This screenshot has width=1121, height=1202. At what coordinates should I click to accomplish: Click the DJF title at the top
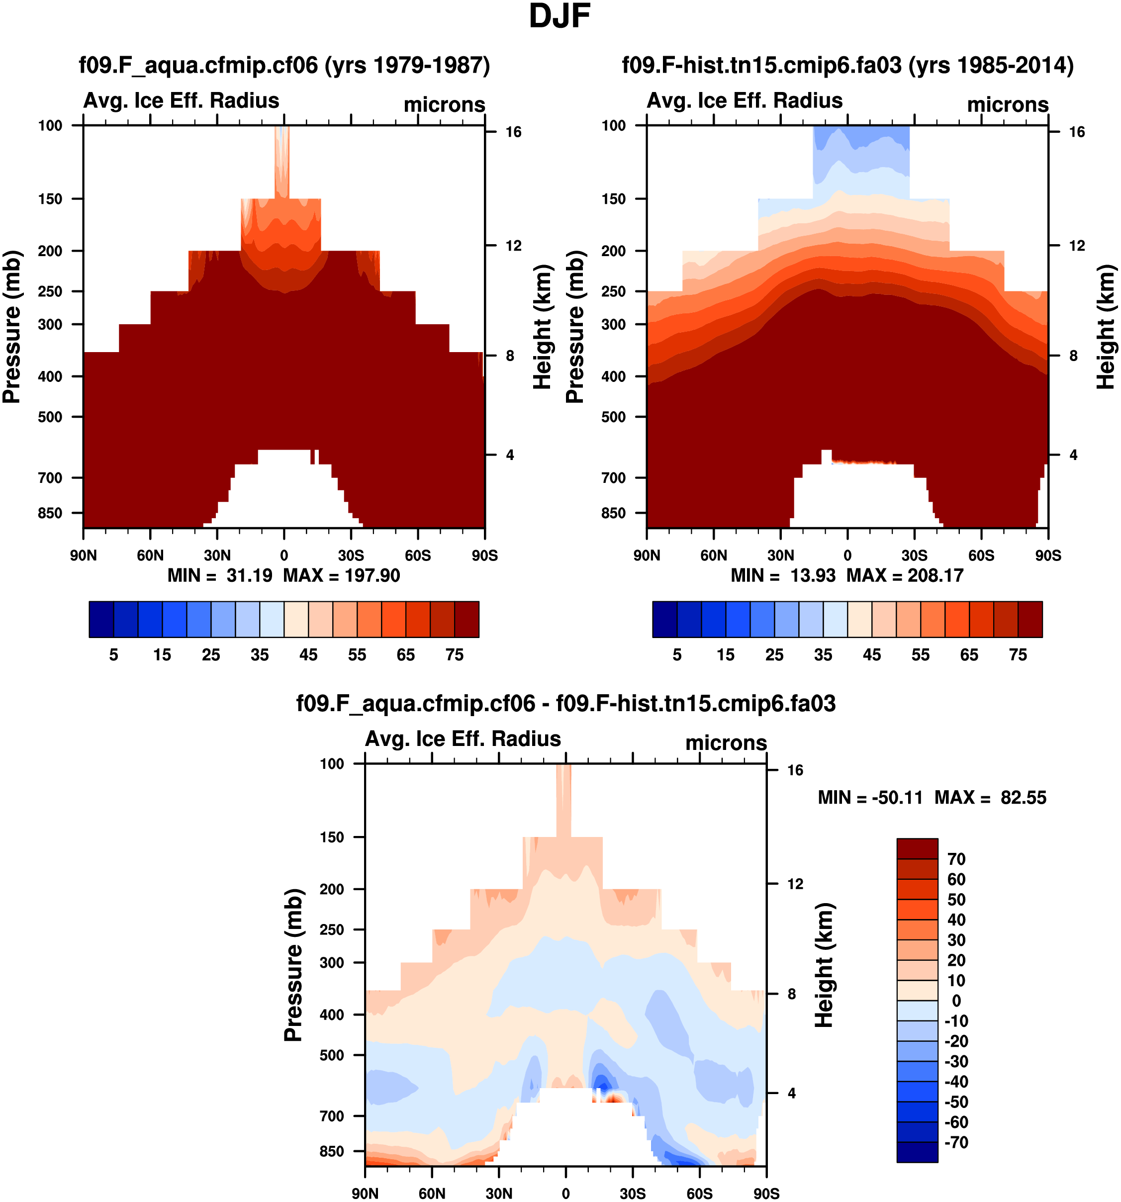click(560, 16)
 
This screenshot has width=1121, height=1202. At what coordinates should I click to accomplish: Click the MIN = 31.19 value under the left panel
click(220, 575)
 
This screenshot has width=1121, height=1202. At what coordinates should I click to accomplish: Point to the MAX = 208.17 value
click(905, 575)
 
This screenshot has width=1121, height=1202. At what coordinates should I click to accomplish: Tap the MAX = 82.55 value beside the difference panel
click(990, 798)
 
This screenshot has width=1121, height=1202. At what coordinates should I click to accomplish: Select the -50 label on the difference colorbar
click(956, 1102)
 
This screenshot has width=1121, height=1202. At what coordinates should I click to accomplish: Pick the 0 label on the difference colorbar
click(956, 1001)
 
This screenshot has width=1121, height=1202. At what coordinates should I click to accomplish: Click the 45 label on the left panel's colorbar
click(308, 655)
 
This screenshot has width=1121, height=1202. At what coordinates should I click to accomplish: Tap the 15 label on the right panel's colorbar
click(726, 655)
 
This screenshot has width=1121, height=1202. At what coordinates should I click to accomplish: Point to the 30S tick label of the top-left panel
click(351, 555)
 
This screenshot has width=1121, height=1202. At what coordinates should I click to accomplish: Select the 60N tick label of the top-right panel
click(714, 555)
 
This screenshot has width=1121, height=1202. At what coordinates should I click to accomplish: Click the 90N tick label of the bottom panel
click(365, 1194)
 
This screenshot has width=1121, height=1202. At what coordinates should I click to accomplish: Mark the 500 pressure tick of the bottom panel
click(332, 1055)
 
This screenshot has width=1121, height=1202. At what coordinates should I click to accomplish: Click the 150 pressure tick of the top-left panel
click(50, 199)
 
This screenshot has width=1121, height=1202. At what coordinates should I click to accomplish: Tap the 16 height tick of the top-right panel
click(1077, 132)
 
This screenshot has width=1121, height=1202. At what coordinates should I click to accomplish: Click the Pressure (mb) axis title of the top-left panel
click(12, 327)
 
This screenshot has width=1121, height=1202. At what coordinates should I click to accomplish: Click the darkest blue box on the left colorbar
click(101, 619)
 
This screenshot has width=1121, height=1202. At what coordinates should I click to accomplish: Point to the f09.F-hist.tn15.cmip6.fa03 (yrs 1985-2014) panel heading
click(847, 65)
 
